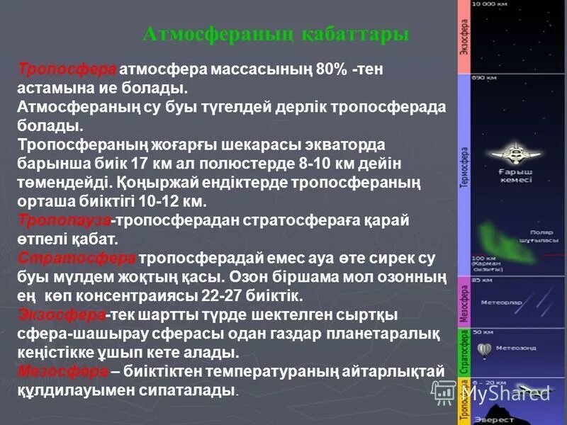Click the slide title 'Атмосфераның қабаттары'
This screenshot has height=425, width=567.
(276, 35)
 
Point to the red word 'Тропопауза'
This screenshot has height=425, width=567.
(64, 220)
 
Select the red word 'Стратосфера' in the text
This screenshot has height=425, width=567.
(77, 256)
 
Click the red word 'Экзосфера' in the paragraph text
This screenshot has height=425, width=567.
(62, 314)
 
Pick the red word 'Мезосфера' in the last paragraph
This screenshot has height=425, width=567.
(62, 370)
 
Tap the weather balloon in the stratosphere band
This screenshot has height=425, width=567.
(485, 348)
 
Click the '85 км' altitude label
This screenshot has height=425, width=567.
(483, 281)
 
